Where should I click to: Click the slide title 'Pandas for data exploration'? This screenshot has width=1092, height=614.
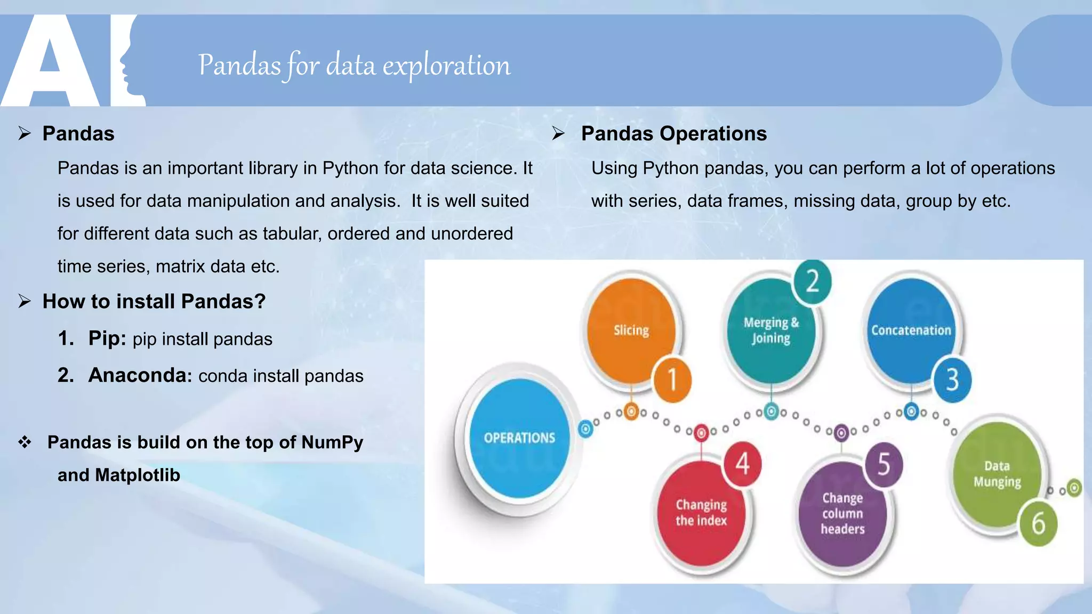[x=354, y=65]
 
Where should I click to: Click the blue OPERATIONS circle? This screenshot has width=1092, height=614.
[x=519, y=438]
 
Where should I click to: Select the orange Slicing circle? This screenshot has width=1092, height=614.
[x=630, y=330]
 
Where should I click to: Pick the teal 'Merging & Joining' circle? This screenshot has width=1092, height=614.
[x=771, y=330]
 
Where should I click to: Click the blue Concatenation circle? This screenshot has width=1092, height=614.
[x=911, y=330]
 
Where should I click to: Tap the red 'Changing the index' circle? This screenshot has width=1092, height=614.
[x=701, y=513]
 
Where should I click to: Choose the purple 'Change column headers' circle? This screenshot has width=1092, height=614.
[x=842, y=513]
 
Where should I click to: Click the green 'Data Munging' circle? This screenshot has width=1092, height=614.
[x=997, y=474]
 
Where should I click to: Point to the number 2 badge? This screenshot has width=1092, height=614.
[x=812, y=281]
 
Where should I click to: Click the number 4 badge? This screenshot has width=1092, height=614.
[x=742, y=463]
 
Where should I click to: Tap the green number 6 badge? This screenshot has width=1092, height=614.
[x=1038, y=523]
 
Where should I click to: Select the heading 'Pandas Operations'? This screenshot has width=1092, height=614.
[x=673, y=134]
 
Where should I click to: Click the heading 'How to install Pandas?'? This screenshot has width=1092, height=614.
[x=154, y=302]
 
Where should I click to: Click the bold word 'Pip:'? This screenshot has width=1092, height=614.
[x=107, y=338]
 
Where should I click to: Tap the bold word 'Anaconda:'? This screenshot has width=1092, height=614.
[x=140, y=375]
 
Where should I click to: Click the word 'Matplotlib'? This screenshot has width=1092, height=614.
[x=138, y=475]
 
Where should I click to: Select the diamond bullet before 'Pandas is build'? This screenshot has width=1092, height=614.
[x=25, y=442]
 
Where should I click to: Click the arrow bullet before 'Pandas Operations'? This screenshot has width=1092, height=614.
[x=558, y=133]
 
